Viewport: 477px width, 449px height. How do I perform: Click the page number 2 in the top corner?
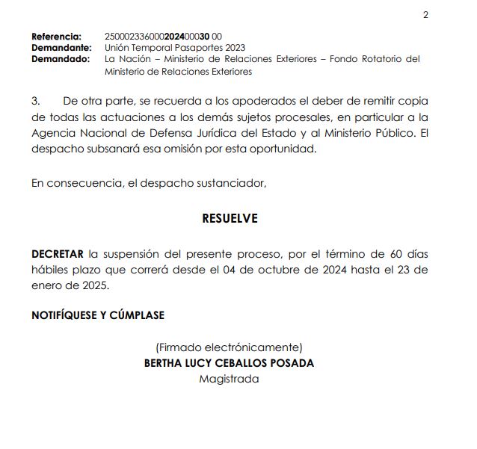[425, 15]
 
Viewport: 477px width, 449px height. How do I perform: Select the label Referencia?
[56, 37]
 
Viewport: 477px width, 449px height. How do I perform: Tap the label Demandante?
[61, 47]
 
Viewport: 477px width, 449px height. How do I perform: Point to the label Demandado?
[60, 58]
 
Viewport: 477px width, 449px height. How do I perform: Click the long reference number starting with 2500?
[163, 37]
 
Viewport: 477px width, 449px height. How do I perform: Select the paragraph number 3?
[35, 100]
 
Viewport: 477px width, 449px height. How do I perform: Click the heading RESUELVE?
[230, 218]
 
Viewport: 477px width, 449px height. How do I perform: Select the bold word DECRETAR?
[57, 253]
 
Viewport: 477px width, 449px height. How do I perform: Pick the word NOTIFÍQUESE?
[64, 315]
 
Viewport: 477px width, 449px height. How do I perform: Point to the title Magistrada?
[229, 379]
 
